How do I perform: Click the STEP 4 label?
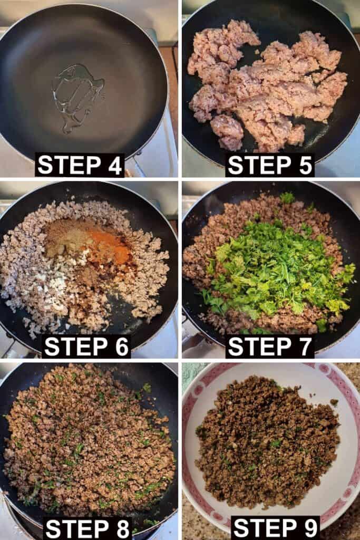point(80,165)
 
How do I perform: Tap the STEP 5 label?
point(270,165)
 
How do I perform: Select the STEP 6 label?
point(86,346)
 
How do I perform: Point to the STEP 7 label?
point(270,346)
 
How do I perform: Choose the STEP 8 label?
point(88,528)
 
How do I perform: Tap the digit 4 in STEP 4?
point(113,165)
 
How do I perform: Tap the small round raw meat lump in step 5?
point(227,131)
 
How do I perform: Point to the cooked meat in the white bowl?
point(267,444)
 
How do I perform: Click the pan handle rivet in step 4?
point(139,154)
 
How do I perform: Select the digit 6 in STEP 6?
point(121,346)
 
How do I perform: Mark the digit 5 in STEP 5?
point(304,165)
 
